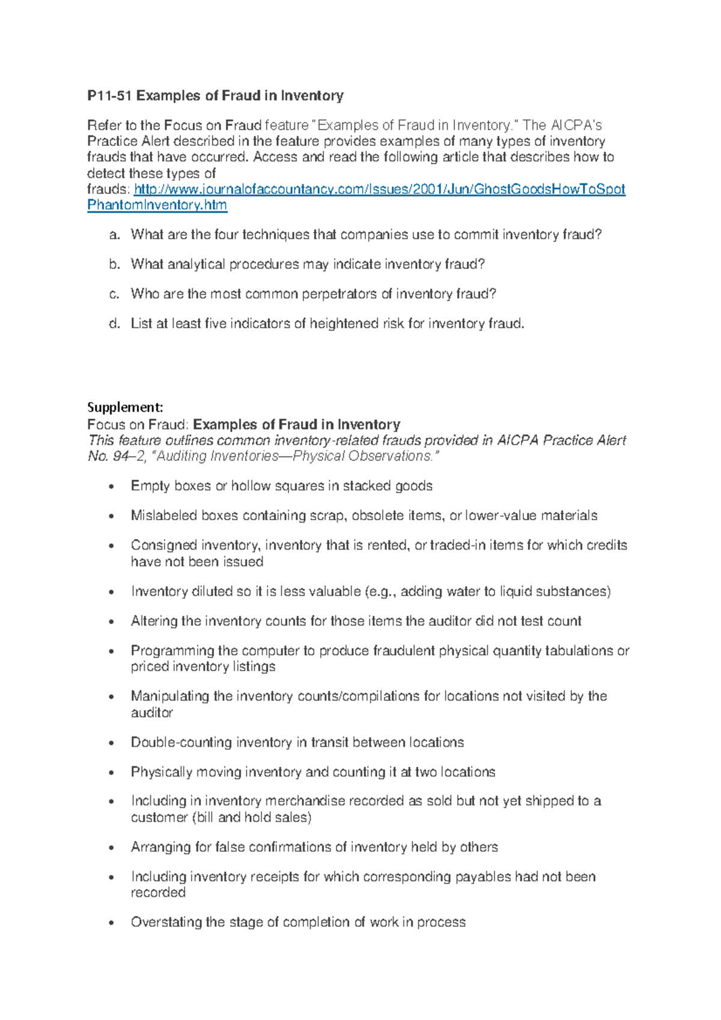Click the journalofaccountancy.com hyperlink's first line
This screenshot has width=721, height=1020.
[379, 189]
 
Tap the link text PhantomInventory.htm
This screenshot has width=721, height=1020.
[157, 205]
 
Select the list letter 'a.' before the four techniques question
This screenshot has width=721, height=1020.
[115, 235]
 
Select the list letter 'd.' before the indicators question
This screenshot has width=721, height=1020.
[115, 324]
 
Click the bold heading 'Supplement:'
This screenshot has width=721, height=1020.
[125, 407]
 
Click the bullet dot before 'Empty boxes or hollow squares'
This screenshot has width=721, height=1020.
[111, 487]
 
